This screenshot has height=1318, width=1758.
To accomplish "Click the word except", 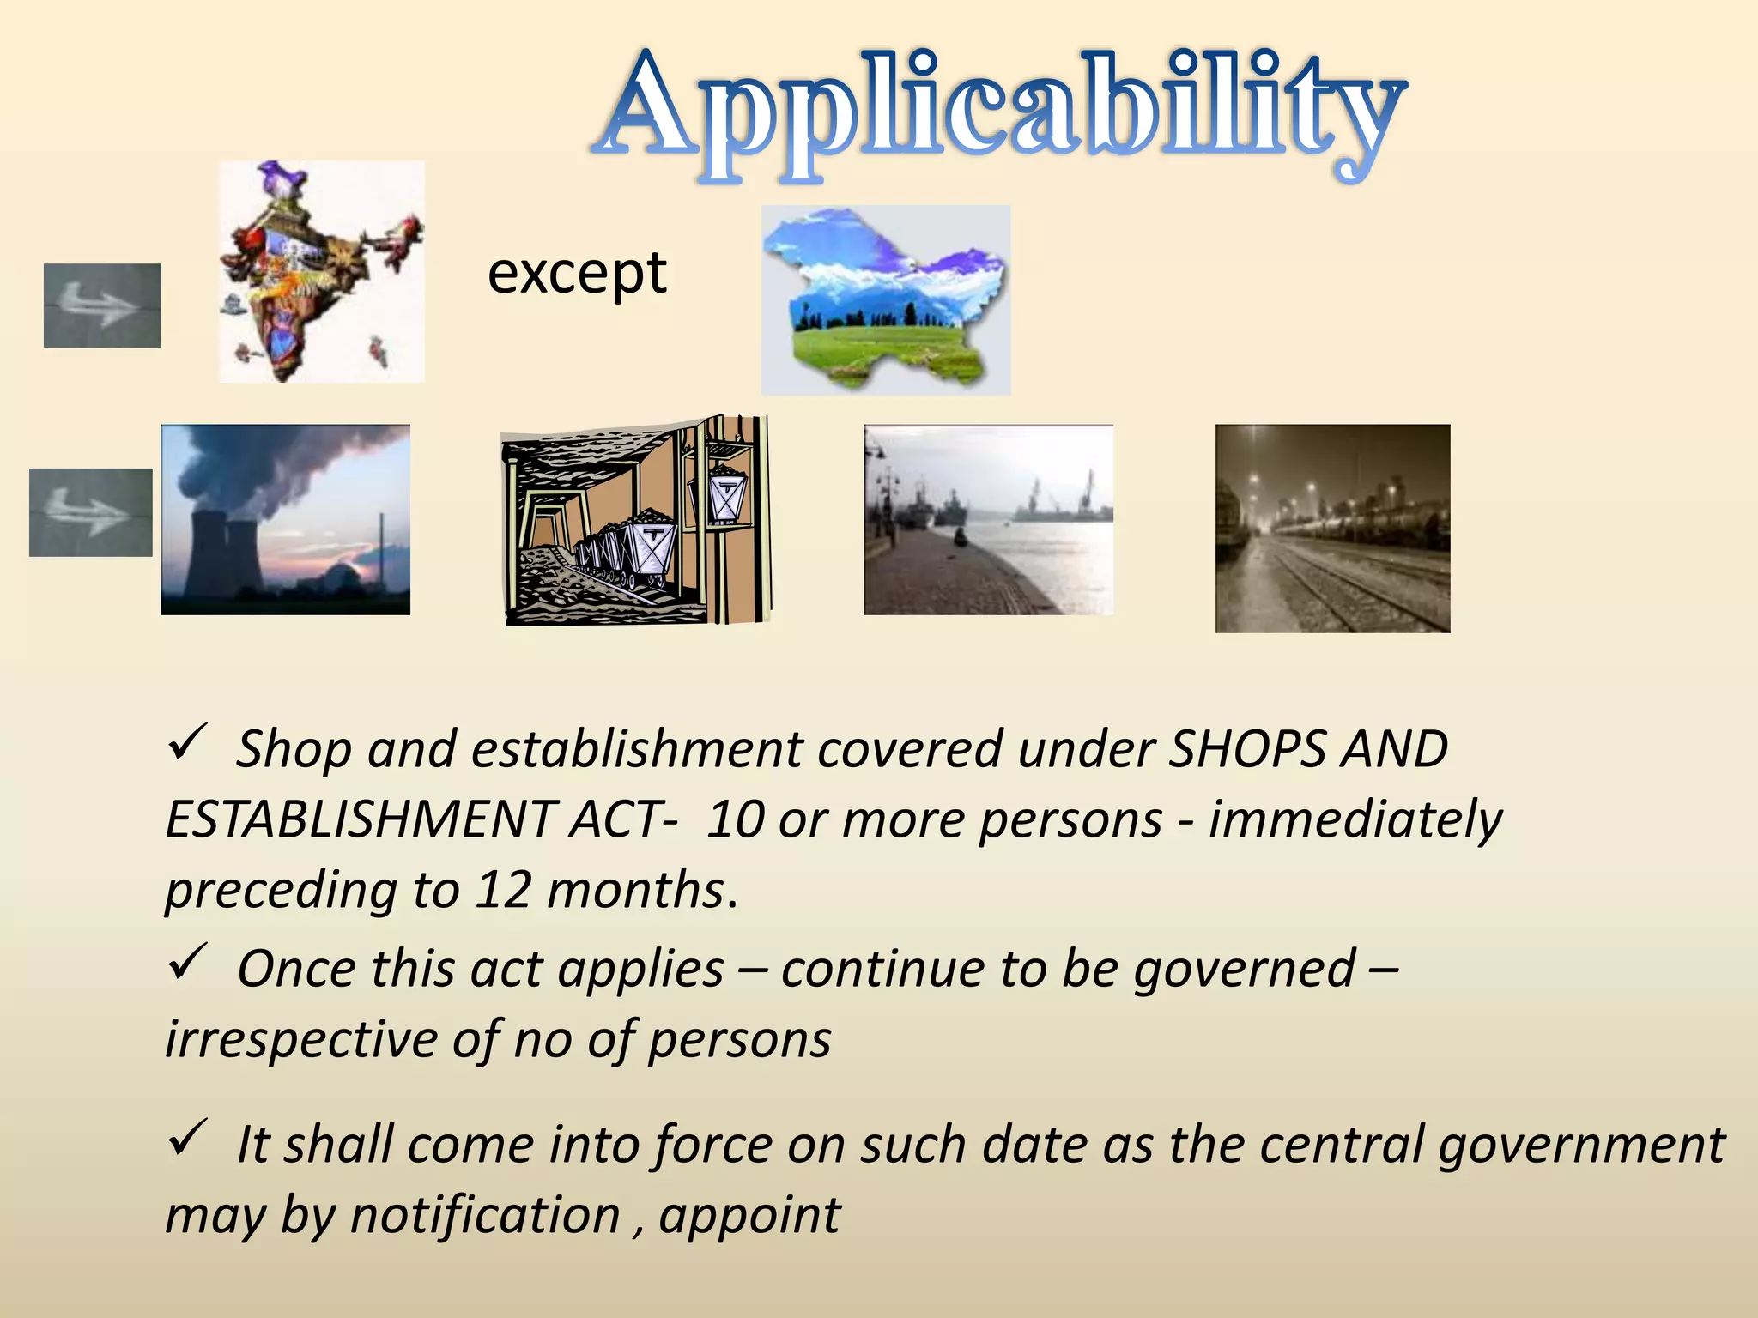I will [x=577, y=275].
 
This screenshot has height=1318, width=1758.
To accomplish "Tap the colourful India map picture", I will [x=321, y=271].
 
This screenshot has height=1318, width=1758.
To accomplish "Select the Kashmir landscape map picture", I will [x=886, y=299].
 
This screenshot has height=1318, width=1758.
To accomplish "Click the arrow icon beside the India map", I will [x=102, y=305].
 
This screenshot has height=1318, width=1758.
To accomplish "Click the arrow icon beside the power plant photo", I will [x=91, y=512].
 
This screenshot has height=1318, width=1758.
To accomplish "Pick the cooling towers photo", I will [x=285, y=519].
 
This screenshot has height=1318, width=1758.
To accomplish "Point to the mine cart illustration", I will [x=635, y=521].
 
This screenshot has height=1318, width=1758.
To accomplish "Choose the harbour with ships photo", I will [x=988, y=519].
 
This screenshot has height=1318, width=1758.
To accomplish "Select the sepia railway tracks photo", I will [x=1332, y=529].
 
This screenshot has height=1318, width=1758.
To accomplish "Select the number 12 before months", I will [x=504, y=890].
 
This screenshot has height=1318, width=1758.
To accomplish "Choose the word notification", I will [x=485, y=1216].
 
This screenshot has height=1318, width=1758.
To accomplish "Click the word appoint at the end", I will [x=749, y=1216].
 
